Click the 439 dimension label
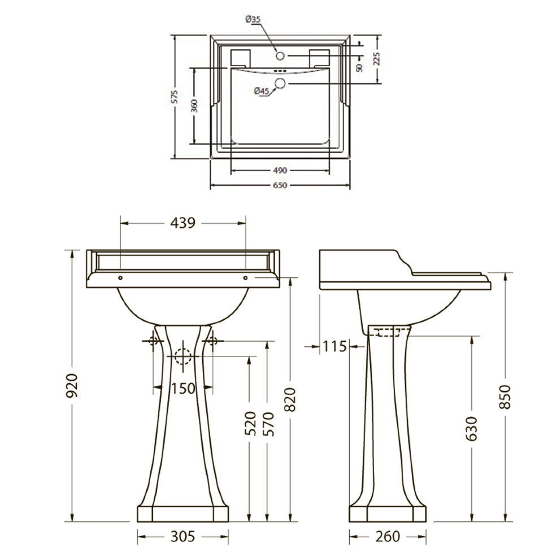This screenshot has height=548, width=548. coord(183,223)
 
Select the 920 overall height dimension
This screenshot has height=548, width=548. coord(72,385)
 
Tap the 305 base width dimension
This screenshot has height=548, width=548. coord(183,536)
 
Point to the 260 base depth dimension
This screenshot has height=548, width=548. coord(388,536)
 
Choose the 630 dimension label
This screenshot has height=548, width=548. coord(472,428)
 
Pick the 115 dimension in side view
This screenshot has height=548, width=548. coord(334,346)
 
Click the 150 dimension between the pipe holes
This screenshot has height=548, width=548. coord(183,388)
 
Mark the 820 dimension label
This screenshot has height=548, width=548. coord(290,399)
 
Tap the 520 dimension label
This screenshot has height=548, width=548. coord(250,423)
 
